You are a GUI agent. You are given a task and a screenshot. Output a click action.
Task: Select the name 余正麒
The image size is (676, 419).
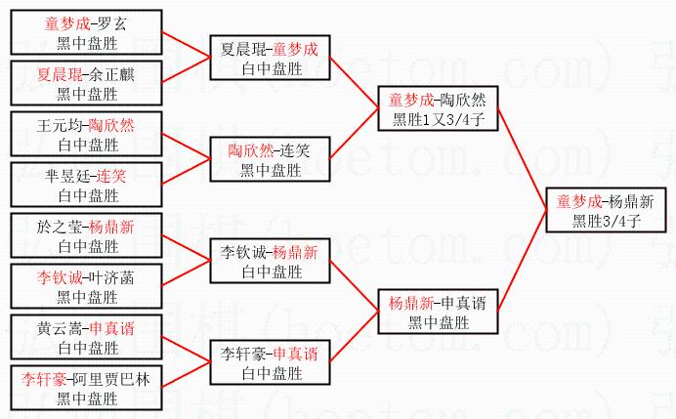coord(114,73)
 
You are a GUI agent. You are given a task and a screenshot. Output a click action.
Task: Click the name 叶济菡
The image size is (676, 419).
coord(113,277)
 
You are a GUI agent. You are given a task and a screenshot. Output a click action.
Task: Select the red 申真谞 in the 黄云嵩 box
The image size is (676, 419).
coord(112,328)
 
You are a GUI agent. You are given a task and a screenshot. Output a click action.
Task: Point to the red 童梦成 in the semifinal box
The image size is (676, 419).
coord(408,99)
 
